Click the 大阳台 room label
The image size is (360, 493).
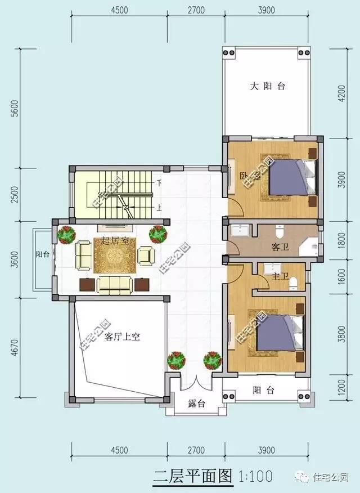point(268,87)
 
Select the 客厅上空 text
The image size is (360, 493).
point(122,337)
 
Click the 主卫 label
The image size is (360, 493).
point(280,276)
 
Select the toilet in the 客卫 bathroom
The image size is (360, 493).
point(280,232)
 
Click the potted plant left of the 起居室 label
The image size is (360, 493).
point(67,234)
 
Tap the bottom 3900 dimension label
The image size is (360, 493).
point(266,450)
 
